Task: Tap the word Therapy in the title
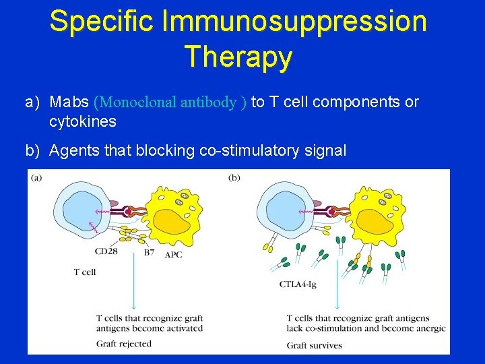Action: coord(238,56)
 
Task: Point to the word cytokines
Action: coord(83,122)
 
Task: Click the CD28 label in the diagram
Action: coord(105,252)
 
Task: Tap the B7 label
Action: coord(150,253)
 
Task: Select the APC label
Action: coord(173,254)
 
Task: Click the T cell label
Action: coord(85,272)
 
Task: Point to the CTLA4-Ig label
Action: coord(298,284)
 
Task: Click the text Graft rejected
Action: coord(124,344)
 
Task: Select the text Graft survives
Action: coord(314,345)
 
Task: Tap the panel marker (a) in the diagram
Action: coord(36,178)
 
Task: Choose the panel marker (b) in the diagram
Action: coord(234,178)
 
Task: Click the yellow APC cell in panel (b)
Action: coord(377,216)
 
